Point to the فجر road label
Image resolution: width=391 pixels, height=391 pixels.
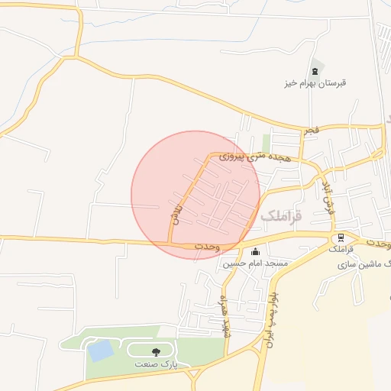(312, 131)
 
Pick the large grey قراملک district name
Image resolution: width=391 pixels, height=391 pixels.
(281, 216)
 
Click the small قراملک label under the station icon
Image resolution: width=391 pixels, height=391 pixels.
(341, 250)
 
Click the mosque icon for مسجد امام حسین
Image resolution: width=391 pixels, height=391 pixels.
(254, 253)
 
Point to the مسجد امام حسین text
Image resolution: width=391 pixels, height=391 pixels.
(255, 263)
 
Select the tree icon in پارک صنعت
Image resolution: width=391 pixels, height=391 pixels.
(156, 352)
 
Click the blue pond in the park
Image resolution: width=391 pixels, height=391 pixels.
(99, 351)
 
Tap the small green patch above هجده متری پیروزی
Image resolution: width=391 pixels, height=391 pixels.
(266, 143)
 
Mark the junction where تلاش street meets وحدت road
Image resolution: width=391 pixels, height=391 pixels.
(170, 244)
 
